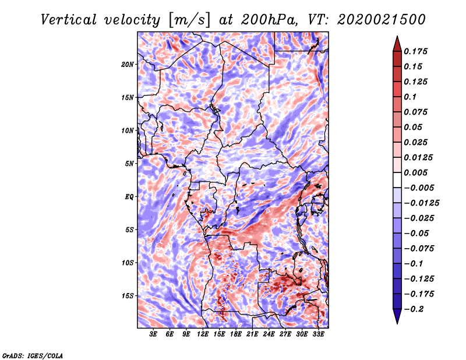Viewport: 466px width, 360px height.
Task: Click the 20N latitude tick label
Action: coord(128,64)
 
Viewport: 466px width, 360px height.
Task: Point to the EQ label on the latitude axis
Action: coord(129,196)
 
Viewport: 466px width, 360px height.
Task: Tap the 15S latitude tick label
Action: coord(128,296)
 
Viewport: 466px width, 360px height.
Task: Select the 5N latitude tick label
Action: coord(129,164)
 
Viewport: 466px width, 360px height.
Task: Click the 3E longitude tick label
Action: coord(153,334)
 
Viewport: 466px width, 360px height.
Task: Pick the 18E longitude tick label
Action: coord(236,334)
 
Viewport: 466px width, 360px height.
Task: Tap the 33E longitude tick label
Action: coord(318,334)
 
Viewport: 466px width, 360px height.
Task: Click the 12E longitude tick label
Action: coord(203,334)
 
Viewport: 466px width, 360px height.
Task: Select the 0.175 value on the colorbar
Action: coord(415,51)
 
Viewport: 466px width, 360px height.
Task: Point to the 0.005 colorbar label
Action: coord(415,172)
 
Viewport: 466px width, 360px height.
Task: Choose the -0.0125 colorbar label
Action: coord(421,203)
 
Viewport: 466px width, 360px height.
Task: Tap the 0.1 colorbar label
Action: coord(410,97)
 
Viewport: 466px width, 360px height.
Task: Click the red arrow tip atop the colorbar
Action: coord(397,36)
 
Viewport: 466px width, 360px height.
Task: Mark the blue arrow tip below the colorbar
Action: coord(397,323)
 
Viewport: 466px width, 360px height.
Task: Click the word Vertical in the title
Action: coord(69,20)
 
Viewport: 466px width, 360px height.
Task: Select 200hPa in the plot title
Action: coord(269,20)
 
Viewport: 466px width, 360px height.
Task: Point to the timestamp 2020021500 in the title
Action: coord(382,20)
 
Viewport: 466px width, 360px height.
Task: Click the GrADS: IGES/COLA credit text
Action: coord(33,356)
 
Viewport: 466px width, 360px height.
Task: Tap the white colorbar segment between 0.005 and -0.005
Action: coord(397,180)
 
